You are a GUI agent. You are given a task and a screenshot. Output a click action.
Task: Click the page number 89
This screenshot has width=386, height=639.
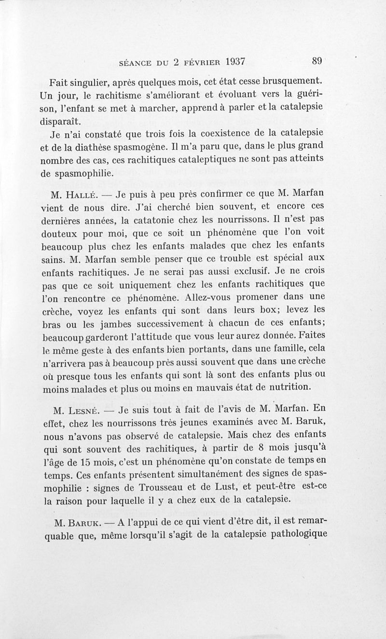click(x=317, y=61)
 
